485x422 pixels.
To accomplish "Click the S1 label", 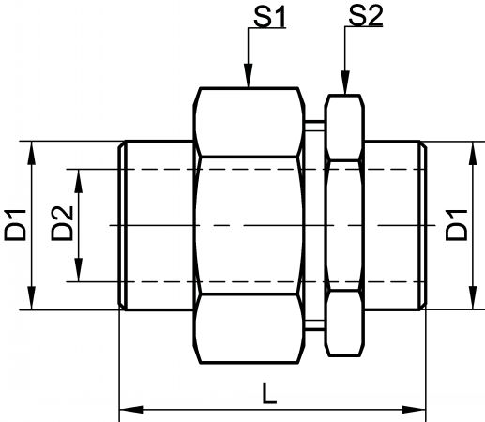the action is [x=269, y=17].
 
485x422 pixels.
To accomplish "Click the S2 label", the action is [x=366, y=16].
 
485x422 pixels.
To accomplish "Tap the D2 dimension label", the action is [x=62, y=223].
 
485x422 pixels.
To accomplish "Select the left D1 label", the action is [x=15, y=225].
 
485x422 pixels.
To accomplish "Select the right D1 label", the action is [x=456, y=225].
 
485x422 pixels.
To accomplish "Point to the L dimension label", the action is [x=269, y=393].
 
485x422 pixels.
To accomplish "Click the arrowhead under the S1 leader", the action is [x=249, y=75].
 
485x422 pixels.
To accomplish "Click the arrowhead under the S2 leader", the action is [x=345, y=82].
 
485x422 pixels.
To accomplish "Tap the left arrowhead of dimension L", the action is [x=131, y=410].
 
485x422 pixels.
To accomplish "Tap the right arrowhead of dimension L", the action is [x=414, y=410].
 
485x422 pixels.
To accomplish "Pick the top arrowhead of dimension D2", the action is [x=78, y=181].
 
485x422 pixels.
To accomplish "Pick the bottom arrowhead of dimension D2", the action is [x=78, y=270].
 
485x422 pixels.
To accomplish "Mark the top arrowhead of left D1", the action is [x=31, y=153].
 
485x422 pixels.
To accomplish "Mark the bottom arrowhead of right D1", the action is [x=473, y=298].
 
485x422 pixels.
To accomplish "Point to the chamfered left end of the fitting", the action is [x=122, y=225].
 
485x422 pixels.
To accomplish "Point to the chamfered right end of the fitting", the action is [x=423, y=225].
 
